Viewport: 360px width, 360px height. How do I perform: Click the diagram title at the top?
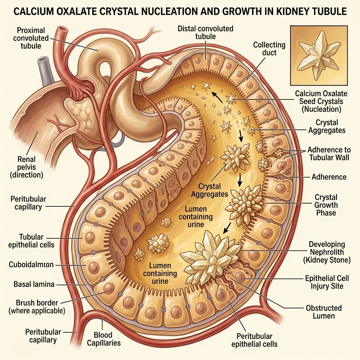[x=180, y=12]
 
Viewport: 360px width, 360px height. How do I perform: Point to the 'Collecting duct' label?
[x=269, y=49]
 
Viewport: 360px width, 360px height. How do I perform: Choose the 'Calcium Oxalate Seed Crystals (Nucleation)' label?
[x=321, y=101]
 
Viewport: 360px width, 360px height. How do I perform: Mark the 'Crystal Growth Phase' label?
[x=326, y=205]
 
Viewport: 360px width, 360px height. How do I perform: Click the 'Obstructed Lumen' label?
[x=323, y=312]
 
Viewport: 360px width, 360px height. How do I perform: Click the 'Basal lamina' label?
[x=34, y=284]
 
